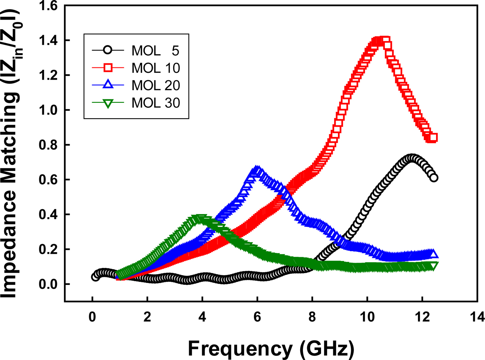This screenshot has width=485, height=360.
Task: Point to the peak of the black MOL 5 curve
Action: pos(412,159)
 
